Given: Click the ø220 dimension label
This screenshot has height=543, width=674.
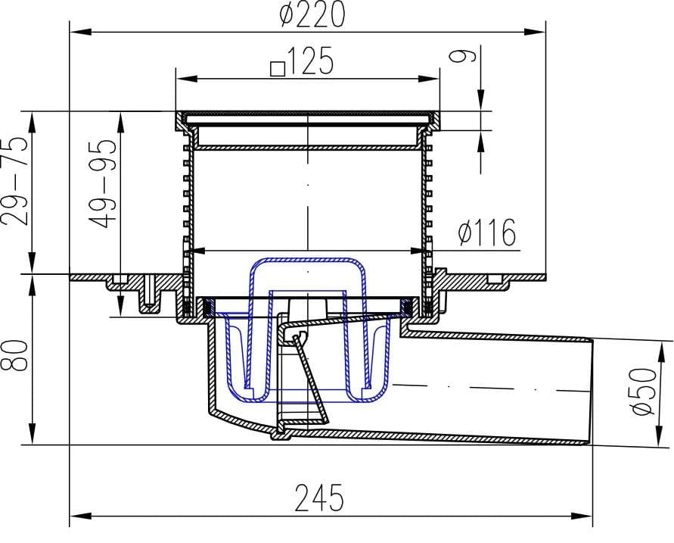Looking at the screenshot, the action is click(x=312, y=14).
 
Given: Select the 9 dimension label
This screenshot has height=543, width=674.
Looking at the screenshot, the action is click(x=462, y=55).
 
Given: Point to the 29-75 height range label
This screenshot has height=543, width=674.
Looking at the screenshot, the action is click(x=14, y=181).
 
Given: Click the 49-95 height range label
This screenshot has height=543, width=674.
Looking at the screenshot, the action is click(x=102, y=184).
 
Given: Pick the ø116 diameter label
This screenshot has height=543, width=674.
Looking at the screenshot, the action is click(x=486, y=232).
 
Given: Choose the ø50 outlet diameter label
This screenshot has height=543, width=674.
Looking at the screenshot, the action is click(x=644, y=391).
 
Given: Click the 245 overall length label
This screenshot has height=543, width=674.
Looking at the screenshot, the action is click(x=319, y=498).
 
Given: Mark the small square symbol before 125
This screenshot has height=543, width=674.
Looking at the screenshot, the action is click(x=278, y=69).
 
